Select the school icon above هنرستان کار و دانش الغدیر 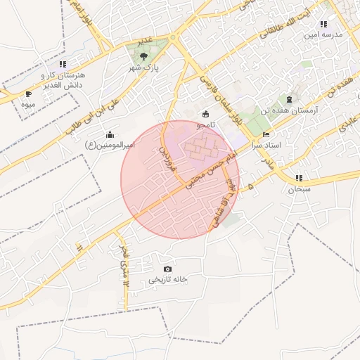[63, 64]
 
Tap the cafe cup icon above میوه [28, 94]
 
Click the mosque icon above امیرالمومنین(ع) [110, 134]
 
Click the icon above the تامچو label [205, 114]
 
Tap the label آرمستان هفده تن [314, 111]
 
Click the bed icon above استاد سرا [265, 134]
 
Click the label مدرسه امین [323, 34]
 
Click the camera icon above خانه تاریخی [167, 269]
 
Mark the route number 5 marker [250, 186]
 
